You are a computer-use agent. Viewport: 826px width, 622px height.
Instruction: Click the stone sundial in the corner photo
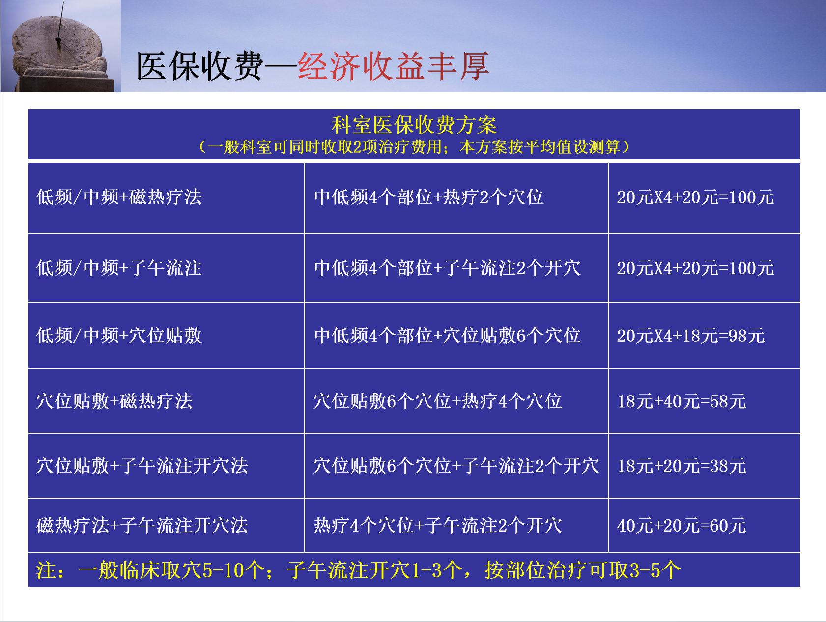[x=59, y=49]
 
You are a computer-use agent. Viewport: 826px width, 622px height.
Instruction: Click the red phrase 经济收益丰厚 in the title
[x=393, y=66]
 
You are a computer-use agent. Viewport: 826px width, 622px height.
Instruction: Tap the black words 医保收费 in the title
[x=199, y=66]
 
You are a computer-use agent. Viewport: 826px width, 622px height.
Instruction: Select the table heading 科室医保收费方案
[x=414, y=125]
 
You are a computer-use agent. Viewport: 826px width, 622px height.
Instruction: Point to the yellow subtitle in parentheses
[x=414, y=147]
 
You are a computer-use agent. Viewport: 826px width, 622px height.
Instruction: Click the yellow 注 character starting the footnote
[x=46, y=570]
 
